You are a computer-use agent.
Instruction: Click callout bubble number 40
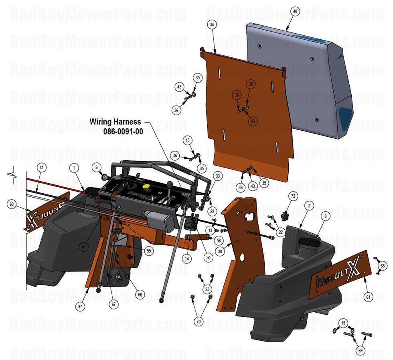(295, 12)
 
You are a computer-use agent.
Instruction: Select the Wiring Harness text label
(115, 121)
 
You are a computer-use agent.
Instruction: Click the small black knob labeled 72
(286, 216)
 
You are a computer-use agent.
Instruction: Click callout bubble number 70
(199, 321)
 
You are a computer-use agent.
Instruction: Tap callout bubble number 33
(218, 176)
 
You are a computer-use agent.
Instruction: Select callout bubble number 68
(382, 265)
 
